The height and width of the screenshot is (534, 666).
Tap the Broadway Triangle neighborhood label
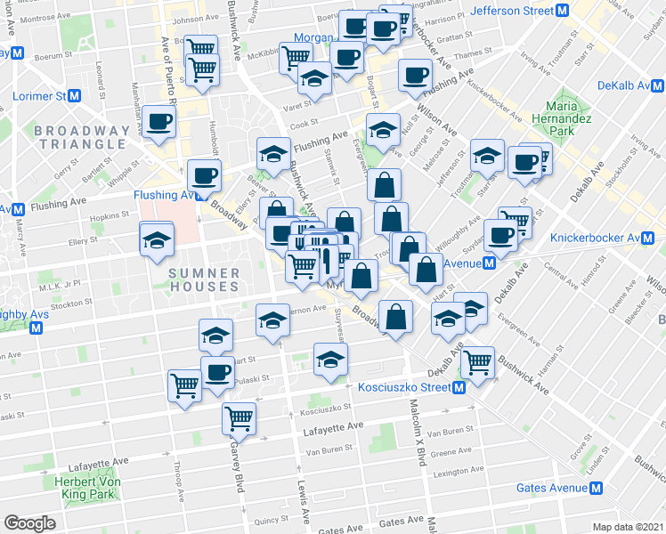[x=81, y=137]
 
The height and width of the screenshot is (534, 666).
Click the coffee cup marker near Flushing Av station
[x=204, y=174]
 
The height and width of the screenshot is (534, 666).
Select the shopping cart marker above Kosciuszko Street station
[x=478, y=361]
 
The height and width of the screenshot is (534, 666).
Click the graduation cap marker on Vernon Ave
[x=272, y=320]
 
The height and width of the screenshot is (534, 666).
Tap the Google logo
[x=28, y=523]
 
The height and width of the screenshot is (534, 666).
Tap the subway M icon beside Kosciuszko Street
[x=459, y=388]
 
